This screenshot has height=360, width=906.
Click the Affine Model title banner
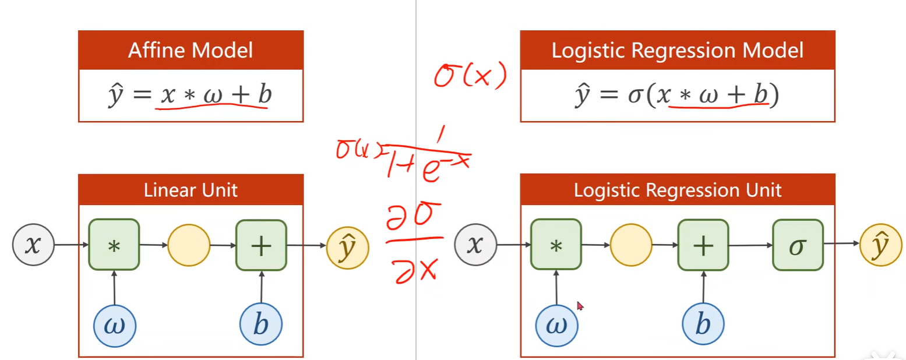click(x=191, y=50)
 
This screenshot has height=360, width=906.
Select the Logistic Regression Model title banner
click(x=677, y=50)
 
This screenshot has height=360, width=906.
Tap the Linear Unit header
click(x=191, y=189)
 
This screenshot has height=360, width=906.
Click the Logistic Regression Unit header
click(x=677, y=189)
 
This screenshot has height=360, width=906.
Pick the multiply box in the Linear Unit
click(x=114, y=245)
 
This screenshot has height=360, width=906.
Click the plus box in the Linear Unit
click(x=261, y=245)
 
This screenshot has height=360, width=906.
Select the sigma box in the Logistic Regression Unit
click(x=798, y=245)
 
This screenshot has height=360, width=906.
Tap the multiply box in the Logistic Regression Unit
click(x=556, y=245)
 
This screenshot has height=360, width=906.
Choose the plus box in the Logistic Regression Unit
click(x=703, y=245)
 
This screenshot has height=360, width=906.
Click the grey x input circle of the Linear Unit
click(x=33, y=245)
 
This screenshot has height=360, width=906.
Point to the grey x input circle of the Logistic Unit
click(x=475, y=245)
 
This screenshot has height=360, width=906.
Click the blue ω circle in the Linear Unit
click(x=114, y=325)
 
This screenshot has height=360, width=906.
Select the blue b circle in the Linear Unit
click(x=261, y=325)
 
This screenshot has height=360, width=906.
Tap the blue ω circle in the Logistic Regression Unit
click(x=556, y=325)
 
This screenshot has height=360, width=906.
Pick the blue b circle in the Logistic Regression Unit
click(x=703, y=325)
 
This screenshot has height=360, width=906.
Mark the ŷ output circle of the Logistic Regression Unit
click(x=880, y=245)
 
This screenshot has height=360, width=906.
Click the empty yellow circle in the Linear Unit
click(x=188, y=245)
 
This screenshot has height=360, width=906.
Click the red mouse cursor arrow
click(x=580, y=305)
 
